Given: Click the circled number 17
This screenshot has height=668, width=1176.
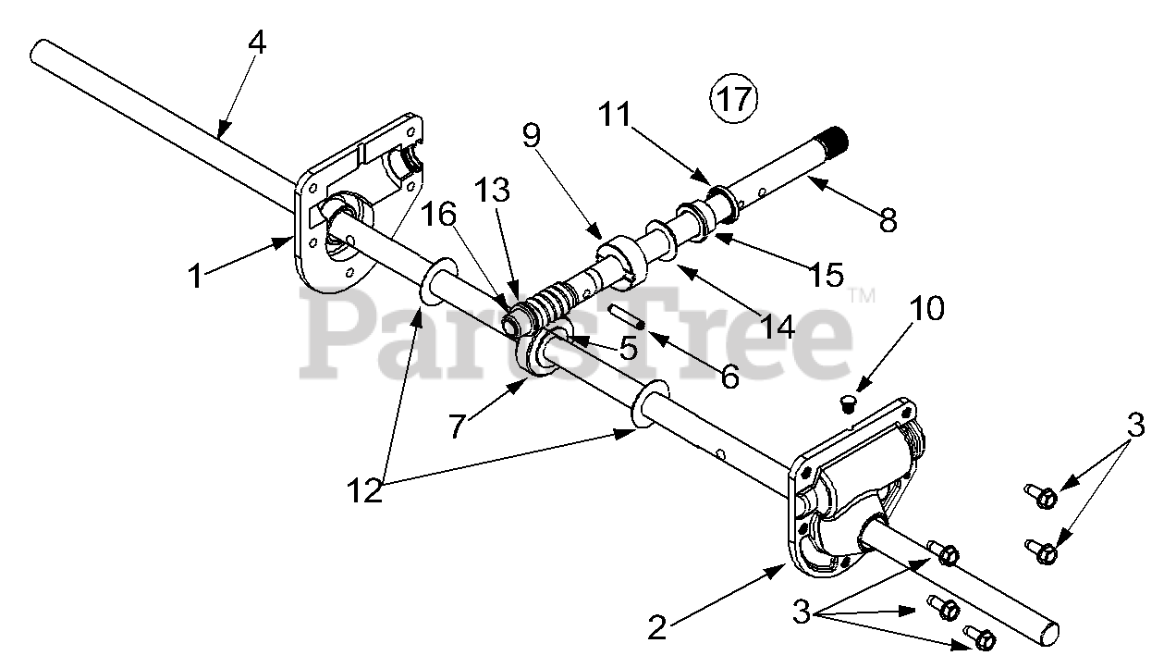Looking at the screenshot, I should (733, 98).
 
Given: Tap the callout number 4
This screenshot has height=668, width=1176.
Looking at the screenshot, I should (257, 43).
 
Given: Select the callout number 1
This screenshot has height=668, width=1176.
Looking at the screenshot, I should (195, 276).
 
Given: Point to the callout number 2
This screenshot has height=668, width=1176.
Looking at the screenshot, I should (656, 628).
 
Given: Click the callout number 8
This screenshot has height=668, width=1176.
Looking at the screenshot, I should (887, 220).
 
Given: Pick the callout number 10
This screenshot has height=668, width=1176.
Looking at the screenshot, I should (927, 308).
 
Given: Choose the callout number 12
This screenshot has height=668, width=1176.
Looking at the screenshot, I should (365, 490).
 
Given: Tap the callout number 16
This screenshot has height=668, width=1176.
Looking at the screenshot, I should (440, 215).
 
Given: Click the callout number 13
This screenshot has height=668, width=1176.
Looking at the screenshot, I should (493, 192).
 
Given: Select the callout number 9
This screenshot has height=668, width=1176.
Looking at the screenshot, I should (530, 135).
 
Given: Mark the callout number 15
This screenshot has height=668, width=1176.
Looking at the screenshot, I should (823, 274).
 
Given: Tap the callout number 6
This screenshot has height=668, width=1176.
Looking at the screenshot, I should (730, 377).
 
